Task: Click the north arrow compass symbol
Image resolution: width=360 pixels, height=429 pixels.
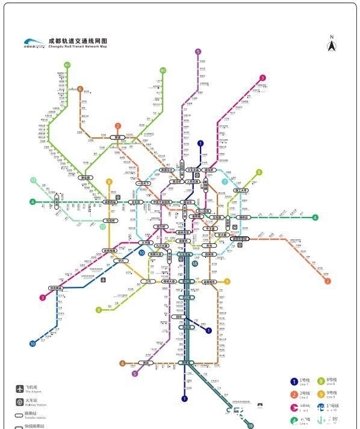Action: click(x=331, y=45)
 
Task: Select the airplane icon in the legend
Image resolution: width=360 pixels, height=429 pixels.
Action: click(x=19, y=389)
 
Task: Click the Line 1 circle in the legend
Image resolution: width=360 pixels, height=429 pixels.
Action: click(x=294, y=381)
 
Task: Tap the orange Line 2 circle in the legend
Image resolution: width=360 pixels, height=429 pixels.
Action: click(x=294, y=394)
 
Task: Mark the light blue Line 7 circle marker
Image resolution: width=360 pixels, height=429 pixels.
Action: click(x=225, y=181)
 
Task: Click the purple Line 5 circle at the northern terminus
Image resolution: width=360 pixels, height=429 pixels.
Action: click(x=197, y=52)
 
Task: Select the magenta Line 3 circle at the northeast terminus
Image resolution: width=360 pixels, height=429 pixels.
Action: click(x=262, y=78)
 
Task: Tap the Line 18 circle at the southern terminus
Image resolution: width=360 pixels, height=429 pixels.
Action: click(x=250, y=425)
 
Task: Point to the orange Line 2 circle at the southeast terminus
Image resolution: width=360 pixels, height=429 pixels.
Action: click(x=328, y=281)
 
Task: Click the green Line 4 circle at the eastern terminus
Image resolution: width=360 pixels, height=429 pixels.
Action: click(x=315, y=218)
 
